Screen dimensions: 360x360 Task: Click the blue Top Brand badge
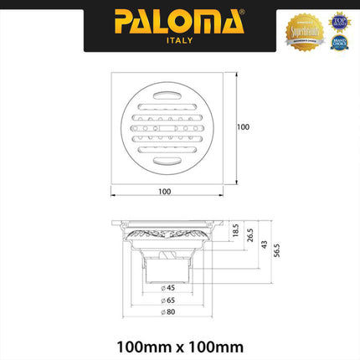coord(338,20)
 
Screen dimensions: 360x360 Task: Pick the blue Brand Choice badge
coord(338,41)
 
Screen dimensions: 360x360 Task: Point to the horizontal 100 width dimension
coord(164,192)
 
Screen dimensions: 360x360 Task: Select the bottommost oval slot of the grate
coord(164,160)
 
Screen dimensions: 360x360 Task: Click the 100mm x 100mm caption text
coord(179,344)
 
